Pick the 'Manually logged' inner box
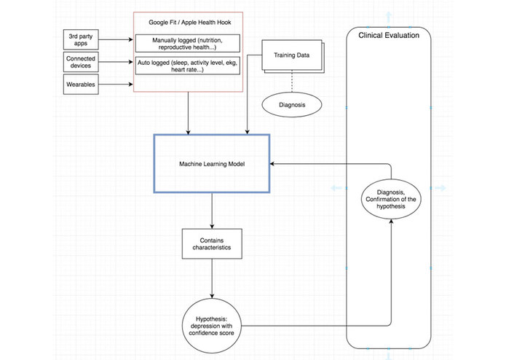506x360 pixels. tap(188, 43)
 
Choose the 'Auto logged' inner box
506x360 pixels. tap(188, 67)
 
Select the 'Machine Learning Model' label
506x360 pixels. tap(212, 164)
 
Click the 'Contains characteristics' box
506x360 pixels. tap(212, 243)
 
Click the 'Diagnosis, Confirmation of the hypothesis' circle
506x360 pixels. tap(393, 199)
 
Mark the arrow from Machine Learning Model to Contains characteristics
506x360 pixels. tap(212, 210)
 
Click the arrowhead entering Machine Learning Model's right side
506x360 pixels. tap(274, 164)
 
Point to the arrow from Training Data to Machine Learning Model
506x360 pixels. tap(249, 102)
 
